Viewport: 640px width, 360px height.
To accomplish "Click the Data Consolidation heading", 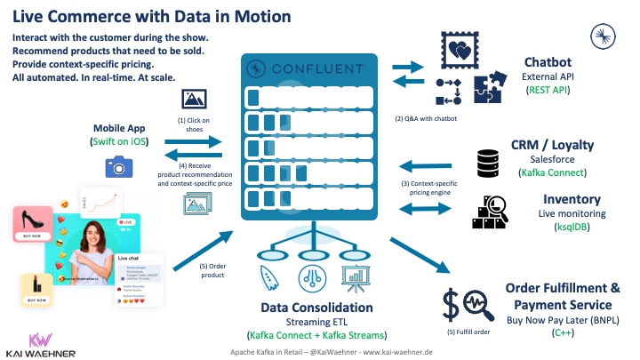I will tap(316, 307).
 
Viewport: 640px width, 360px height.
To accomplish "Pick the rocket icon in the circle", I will tap(264, 277).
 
